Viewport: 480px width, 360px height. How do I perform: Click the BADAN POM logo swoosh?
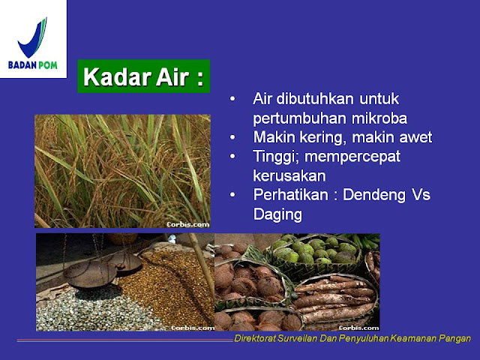pyautogui.click(x=33, y=38)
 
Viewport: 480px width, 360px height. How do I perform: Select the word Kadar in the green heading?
pyautogui.click(x=117, y=76)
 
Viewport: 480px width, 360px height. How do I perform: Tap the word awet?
pyautogui.click(x=416, y=137)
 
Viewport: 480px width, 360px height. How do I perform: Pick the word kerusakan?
pyautogui.click(x=289, y=175)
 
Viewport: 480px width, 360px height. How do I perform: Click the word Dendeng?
pyautogui.click(x=373, y=195)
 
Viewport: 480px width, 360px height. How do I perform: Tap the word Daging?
pyautogui.click(x=277, y=214)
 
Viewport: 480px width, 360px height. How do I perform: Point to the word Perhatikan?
pyautogui.click(x=290, y=195)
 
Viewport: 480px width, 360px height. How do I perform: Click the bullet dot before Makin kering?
pyautogui.click(x=232, y=137)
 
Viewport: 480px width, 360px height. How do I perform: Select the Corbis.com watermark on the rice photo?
pyautogui.click(x=188, y=224)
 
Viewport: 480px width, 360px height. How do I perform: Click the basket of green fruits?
pyautogui.click(x=315, y=253)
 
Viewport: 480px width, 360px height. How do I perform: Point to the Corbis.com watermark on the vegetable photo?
pyautogui.click(x=358, y=328)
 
